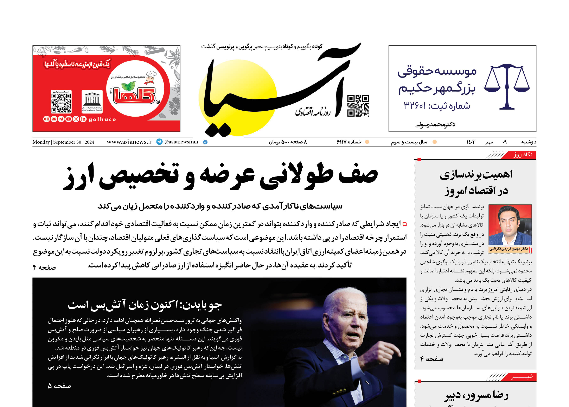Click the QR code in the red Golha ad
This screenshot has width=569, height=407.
click(61, 102)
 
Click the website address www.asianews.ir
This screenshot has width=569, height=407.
click(129, 142)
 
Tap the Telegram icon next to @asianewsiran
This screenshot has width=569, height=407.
click(159, 142)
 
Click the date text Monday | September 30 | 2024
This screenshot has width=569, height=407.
click(63, 142)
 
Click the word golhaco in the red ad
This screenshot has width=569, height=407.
click(102, 119)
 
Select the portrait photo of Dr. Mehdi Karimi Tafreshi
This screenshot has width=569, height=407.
click(510, 225)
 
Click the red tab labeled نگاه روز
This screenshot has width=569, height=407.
click(523, 155)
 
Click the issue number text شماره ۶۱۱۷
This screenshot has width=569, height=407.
click(349, 142)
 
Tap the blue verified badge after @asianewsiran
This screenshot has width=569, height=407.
click(205, 142)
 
